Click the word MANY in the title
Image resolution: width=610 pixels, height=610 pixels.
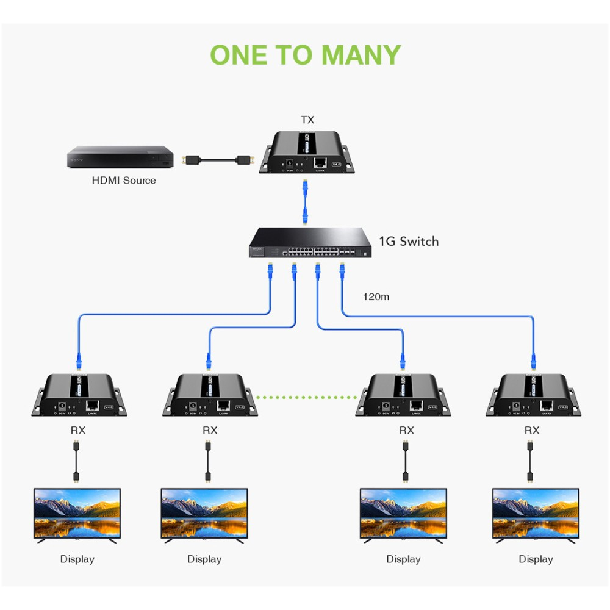(361, 55)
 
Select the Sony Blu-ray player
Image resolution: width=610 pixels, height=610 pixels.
(120, 157)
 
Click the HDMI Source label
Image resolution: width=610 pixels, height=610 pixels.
(124, 180)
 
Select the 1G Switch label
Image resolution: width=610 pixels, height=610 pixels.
(408, 242)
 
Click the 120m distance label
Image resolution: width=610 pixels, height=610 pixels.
(376, 297)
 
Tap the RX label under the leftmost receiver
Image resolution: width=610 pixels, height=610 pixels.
(78, 430)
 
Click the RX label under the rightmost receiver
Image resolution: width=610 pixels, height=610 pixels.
(532, 430)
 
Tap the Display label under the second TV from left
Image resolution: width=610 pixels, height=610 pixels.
(204, 559)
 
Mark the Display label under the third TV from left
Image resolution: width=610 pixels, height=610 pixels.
(403, 559)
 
